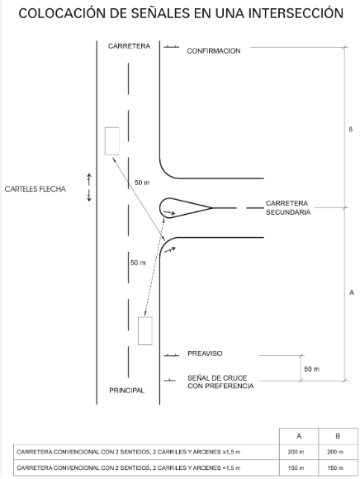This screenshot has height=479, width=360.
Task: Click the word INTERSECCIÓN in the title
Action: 296,13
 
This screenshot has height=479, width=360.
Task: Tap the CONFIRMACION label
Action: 213,50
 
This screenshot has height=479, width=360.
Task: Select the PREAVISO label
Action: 205,353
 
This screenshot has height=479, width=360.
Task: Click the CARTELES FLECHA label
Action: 36,189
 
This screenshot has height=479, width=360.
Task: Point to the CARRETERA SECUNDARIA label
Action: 288,208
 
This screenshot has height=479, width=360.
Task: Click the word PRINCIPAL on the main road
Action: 126,391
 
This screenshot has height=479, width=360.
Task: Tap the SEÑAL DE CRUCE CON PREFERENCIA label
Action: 220,382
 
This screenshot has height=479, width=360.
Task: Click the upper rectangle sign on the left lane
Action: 112,141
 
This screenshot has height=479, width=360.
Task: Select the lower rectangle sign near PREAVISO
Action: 145,331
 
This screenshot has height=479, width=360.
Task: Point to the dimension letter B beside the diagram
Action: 351,129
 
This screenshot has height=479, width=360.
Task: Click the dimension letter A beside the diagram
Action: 352,292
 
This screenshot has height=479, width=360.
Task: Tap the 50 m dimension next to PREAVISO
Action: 312,369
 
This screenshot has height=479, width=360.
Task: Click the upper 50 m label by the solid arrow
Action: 142,183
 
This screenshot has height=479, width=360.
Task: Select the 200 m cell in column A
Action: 296,452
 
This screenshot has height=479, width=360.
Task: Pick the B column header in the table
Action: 338,436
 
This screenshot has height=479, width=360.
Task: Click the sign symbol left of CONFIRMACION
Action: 171,47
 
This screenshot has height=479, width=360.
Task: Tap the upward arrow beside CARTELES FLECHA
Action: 89,179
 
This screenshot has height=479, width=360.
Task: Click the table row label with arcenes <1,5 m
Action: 129,467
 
